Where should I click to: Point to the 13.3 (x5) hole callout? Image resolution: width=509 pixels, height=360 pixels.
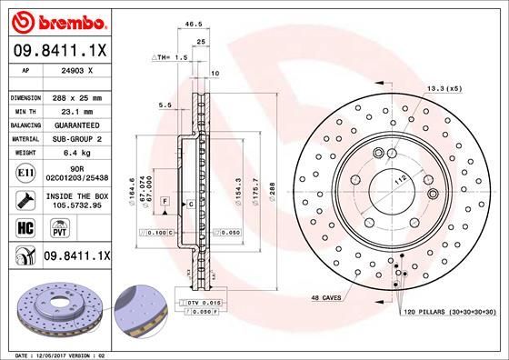[x=444, y=88]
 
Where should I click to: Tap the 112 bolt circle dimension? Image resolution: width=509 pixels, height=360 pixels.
[x=398, y=178]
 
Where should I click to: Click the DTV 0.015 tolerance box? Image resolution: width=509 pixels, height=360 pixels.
[x=205, y=301]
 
